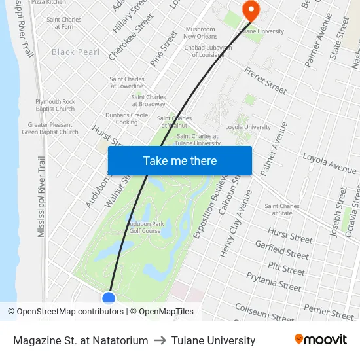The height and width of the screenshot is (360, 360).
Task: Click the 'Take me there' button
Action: point(180,160)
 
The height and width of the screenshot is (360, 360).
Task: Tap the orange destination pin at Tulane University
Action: point(250,9)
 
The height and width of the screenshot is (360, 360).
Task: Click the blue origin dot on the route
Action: point(109,298)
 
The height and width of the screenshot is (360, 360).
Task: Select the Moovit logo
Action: point(320,340)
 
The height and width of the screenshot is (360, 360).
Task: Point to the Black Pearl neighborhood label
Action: point(76,52)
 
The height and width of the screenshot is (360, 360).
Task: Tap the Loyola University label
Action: point(248,127)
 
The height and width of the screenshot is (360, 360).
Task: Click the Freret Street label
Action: point(265,80)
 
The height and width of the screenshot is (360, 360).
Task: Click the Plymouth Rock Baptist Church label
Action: point(55,105)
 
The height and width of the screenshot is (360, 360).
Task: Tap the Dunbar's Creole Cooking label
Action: point(126,118)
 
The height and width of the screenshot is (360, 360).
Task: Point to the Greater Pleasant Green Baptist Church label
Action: point(50,128)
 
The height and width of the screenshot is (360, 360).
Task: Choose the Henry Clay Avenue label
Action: point(236,232)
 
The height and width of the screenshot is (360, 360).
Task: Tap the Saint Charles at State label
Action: point(283,209)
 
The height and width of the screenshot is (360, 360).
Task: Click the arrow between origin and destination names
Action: point(160,340)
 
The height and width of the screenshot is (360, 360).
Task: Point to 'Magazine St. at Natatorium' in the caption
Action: point(81,340)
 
